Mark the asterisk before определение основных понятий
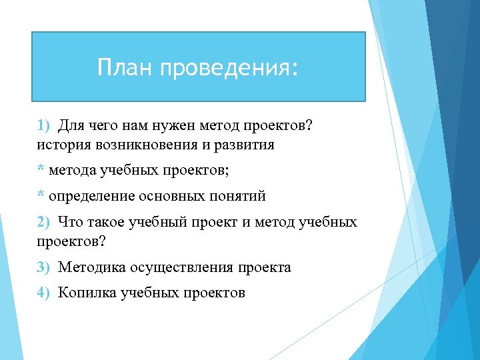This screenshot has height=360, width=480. [41, 196]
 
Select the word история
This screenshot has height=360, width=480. [64, 145]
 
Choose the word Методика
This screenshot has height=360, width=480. [89, 267]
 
